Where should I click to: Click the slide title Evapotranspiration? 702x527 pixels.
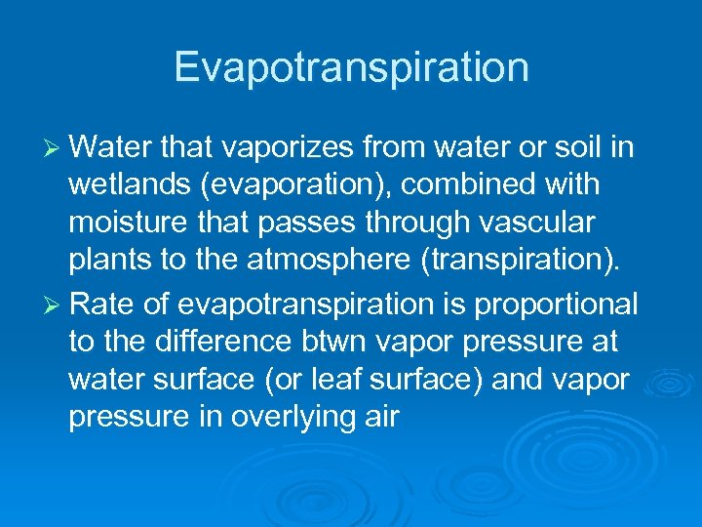tap(351, 67)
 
